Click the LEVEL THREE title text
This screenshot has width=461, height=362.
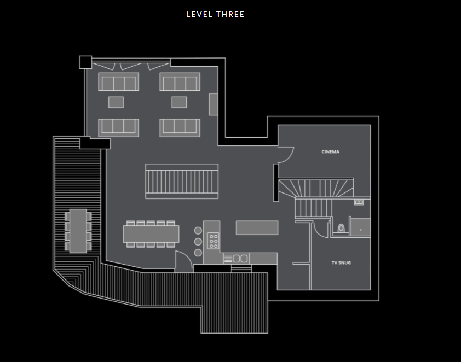tap(215, 14)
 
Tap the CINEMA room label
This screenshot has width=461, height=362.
tap(330, 151)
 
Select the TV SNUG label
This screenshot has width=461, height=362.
tap(341, 263)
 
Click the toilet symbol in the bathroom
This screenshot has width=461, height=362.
tap(341, 228)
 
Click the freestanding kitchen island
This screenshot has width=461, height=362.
tap(257, 227)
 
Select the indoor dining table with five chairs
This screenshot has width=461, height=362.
tap(151, 234)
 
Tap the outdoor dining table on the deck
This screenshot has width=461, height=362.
tap(78, 231)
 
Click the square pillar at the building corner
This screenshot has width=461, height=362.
tap(85, 62)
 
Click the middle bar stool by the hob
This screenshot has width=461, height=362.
tap(198, 242)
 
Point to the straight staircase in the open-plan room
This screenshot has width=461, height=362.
tap(182, 181)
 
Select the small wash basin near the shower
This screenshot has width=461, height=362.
tap(359, 202)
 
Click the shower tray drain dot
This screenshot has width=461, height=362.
tap(360, 230)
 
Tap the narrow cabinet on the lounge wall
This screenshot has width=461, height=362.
tap(214, 104)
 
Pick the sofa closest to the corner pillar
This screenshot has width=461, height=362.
tap(119, 83)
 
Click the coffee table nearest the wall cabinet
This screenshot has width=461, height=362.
tap(179, 102)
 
